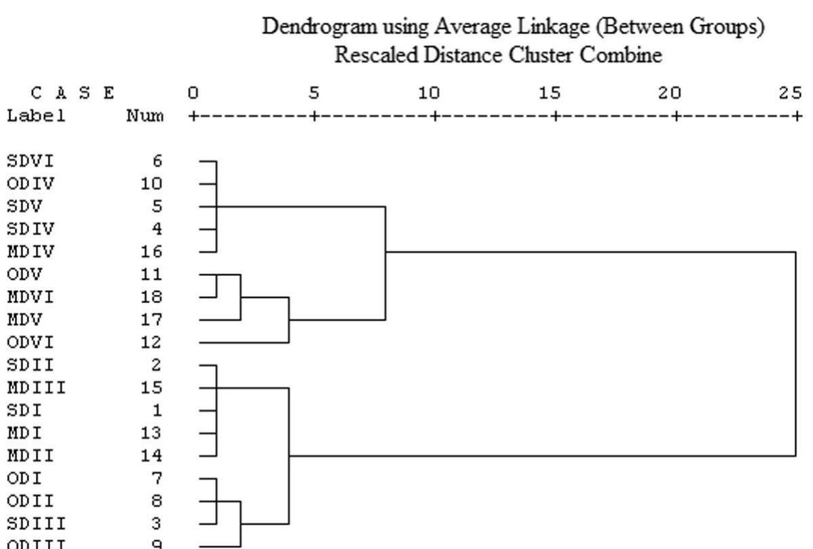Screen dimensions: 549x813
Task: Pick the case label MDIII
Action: [36, 387]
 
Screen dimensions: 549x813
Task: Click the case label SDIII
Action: [36, 523]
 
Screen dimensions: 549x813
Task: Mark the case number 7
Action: [157, 478]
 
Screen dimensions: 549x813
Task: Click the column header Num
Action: [145, 116]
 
